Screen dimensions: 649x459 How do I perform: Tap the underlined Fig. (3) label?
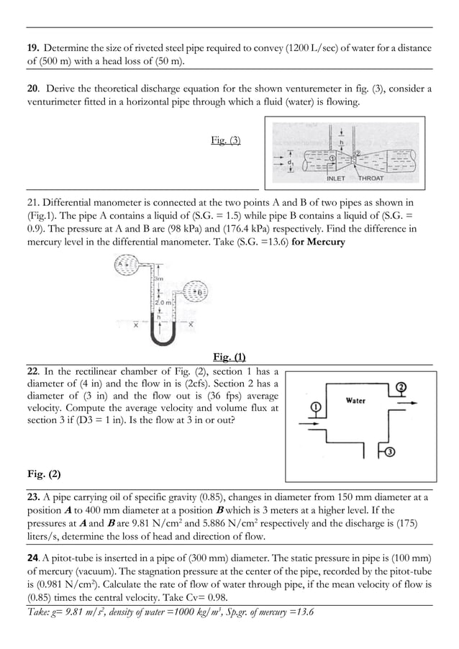coord(226,140)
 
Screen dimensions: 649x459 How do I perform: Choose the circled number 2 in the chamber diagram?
coord(401,387)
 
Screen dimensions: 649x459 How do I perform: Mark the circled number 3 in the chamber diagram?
coord(388,453)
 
